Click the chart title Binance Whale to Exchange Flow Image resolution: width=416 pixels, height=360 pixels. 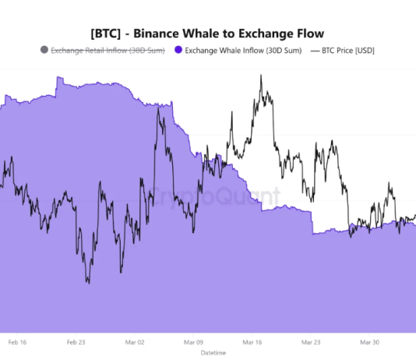coord(226,33)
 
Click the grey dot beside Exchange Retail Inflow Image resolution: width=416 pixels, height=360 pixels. coord(43,51)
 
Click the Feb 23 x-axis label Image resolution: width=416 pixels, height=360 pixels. coord(76,341)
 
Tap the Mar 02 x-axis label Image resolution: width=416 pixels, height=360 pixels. coord(135,341)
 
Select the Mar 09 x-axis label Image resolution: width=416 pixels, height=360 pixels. coord(194,341)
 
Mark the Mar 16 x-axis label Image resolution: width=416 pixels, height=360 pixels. coord(252,341)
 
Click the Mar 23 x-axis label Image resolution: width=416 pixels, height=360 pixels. coord(311,341)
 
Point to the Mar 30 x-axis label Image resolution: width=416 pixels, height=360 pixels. coord(369,341)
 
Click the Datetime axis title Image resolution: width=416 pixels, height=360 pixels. coord(213,353)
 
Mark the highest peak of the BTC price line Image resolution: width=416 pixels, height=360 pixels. coord(261,76)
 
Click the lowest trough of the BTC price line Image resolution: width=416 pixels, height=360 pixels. coord(87,283)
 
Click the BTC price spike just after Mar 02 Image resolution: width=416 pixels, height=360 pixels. coord(159,108)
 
